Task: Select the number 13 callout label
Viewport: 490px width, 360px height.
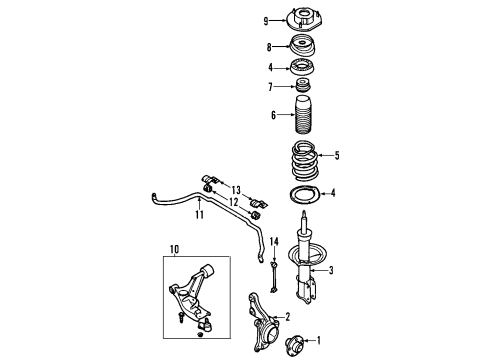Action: click(x=236, y=189)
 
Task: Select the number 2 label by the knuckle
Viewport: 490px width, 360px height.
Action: click(x=286, y=318)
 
